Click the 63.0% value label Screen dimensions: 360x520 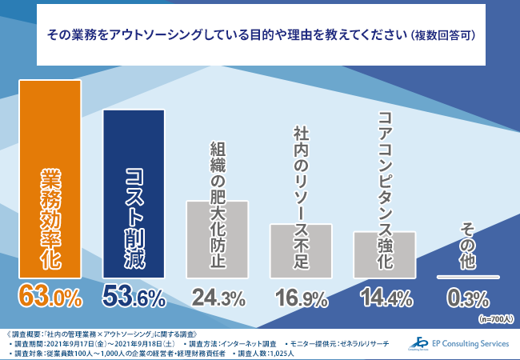pyautogui.click(x=50, y=299)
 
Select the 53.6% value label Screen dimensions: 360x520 pyautogui.click(x=134, y=299)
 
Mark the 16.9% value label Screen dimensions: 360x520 pyautogui.click(x=301, y=299)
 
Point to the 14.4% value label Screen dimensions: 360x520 pyautogui.click(x=385, y=299)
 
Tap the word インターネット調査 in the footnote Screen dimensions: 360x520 pyautogui.click(x=249, y=342)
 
